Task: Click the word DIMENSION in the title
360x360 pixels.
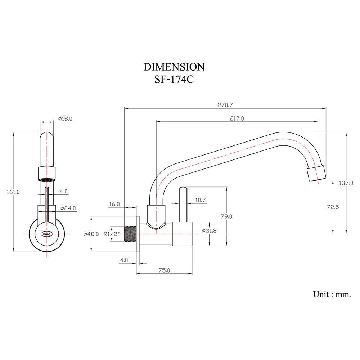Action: click(x=174, y=67)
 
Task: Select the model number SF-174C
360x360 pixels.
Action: click(x=174, y=79)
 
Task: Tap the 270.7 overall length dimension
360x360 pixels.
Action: click(x=225, y=105)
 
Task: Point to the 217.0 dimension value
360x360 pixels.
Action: click(x=236, y=118)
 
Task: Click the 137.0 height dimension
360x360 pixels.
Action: click(x=346, y=183)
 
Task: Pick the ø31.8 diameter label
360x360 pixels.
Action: click(x=209, y=231)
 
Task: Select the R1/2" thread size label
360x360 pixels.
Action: click(x=111, y=234)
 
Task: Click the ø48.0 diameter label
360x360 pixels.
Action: click(x=91, y=234)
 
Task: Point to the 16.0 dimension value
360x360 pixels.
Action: click(x=114, y=204)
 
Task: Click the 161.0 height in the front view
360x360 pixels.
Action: click(x=13, y=192)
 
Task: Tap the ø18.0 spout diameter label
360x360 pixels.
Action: click(x=65, y=118)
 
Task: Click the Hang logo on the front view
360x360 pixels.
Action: click(x=47, y=233)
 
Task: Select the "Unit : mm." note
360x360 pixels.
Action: click(x=332, y=294)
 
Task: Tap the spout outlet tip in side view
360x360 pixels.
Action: click(x=316, y=174)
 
